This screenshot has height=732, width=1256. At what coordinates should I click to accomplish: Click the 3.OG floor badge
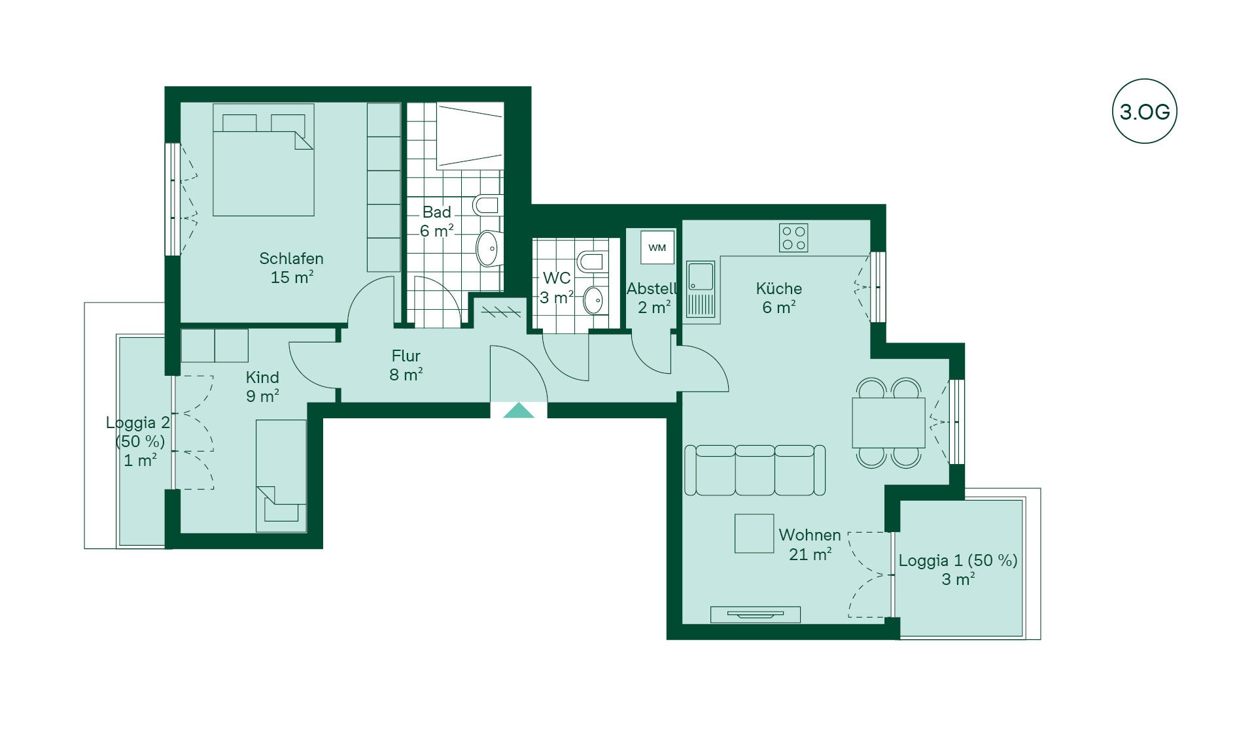pyautogui.click(x=1144, y=111)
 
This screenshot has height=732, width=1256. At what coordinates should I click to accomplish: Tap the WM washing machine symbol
pyautogui.click(x=657, y=248)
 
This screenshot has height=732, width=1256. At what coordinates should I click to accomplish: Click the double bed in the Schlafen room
pyautogui.click(x=263, y=160)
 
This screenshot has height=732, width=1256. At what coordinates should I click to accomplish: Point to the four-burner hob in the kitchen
pyautogui.click(x=794, y=238)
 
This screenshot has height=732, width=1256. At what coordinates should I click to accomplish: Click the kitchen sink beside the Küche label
pyautogui.click(x=701, y=290)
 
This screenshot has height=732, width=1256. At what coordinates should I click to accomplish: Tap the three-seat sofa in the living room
pyautogui.click(x=754, y=470)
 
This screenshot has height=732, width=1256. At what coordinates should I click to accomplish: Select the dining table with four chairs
pyautogui.click(x=888, y=423)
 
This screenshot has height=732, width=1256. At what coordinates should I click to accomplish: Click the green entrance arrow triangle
pyautogui.click(x=519, y=410)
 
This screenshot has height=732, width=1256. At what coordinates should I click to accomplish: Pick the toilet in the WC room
pyautogui.click(x=591, y=261)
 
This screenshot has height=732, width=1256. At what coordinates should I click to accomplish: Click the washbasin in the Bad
pyautogui.click(x=488, y=248)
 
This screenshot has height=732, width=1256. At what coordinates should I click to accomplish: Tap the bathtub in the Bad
pyautogui.click(x=470, y=136)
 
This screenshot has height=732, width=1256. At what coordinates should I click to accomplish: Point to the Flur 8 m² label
pyautogui.click(x=406, y=365)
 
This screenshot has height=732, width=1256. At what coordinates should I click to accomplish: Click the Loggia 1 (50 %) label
pyautogui.click(x=958, y=561)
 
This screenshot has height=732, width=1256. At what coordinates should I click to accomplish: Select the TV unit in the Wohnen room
pyautogui.click(x=756, y=614)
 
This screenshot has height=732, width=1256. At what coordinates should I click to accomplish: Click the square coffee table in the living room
pyautogui.click(x=754, y=533)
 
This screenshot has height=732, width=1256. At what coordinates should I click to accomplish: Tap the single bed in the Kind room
pyautogui.click(x=281, y=476)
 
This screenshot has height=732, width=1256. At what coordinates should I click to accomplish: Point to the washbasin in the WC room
pyautogui.click(x=593, y=301)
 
